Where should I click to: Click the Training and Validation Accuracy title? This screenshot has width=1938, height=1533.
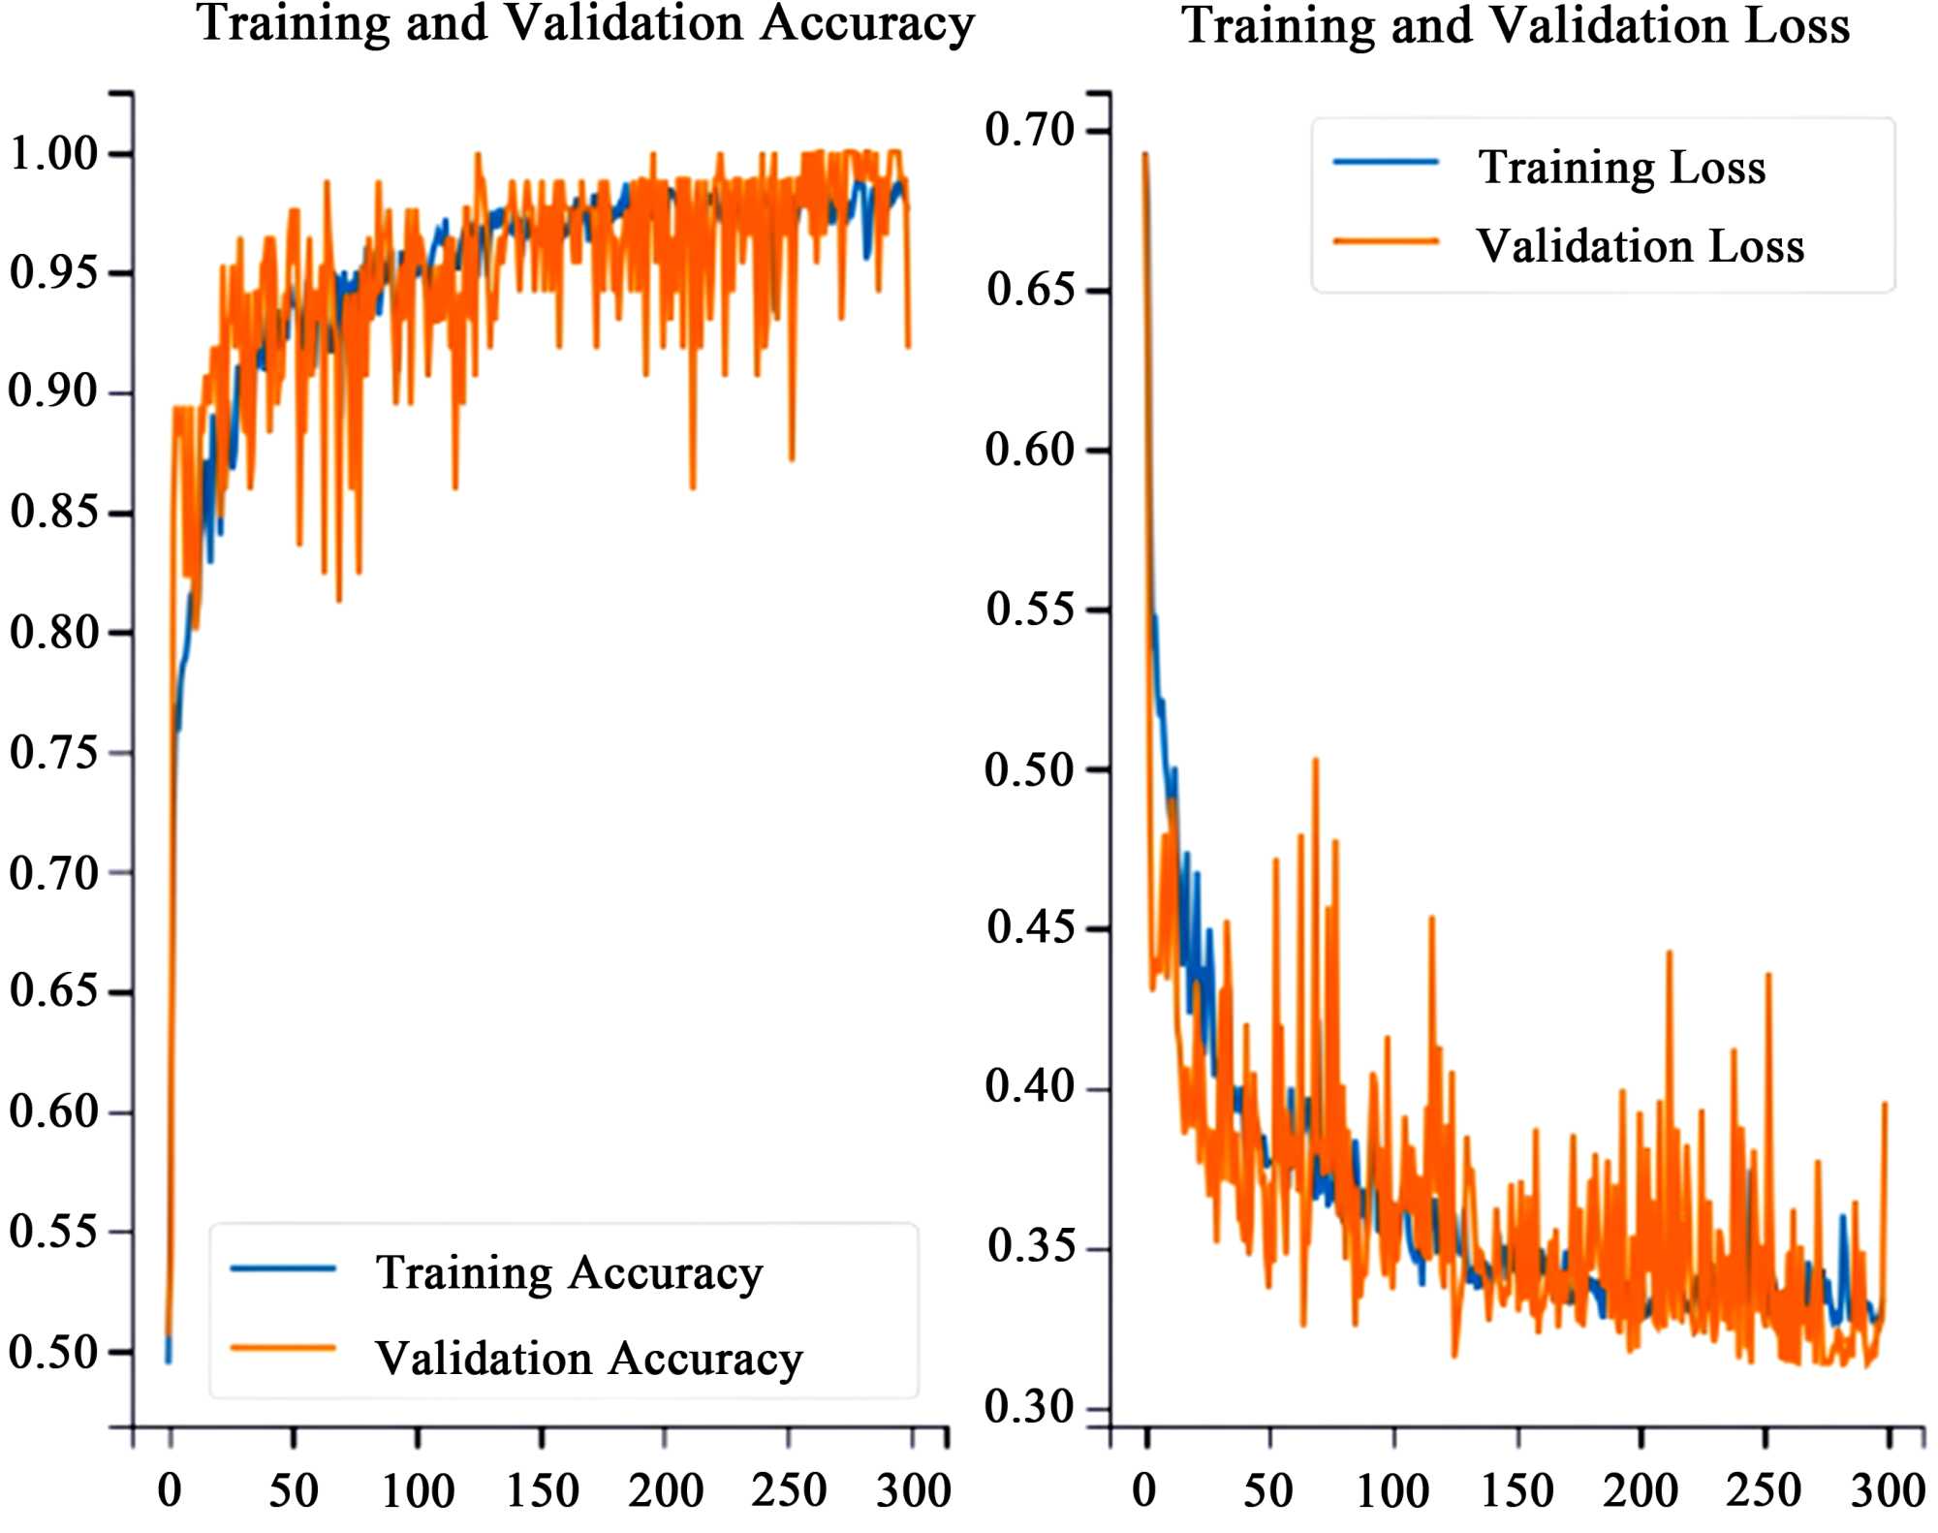point(585,23)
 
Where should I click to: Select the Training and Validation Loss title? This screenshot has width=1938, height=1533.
point(1516,25)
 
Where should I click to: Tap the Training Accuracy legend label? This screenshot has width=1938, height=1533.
point(569,1272)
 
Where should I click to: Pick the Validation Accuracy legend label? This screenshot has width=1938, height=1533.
point(589,1359)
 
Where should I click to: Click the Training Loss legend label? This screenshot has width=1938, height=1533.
point(1621,168)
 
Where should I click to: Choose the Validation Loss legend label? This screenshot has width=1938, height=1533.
point(1640,246)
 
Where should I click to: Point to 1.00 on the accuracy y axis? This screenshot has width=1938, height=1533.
point(54,153)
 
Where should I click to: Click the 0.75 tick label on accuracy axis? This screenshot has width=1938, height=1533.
point(54,752)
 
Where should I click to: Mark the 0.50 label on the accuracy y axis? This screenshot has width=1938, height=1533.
point(54,1352)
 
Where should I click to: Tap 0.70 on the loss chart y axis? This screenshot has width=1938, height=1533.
point(1030,130)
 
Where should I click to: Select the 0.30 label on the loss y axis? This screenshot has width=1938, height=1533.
point(1030,1407)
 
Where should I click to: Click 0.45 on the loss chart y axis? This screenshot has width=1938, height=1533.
point(1030,927)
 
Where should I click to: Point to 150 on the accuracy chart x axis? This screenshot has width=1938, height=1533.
point(542,1490)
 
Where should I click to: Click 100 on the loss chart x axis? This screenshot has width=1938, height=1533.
point(1392,1490)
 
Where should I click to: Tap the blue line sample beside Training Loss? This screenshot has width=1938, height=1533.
point(1386,163)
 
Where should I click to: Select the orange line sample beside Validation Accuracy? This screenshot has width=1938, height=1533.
point(283,1348)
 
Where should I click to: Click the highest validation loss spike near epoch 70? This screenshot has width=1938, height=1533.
point(1315,761)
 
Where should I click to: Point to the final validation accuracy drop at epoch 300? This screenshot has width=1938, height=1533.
point(908,344)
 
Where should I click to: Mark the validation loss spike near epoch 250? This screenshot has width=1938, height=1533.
point(1768,975)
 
